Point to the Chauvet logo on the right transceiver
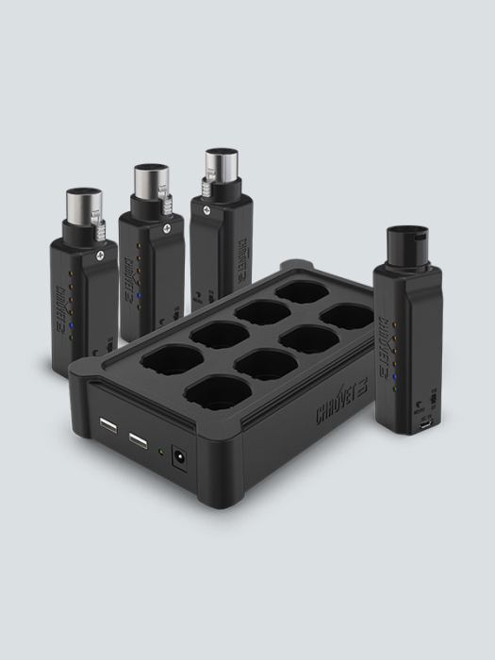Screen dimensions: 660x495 point(383,326)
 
